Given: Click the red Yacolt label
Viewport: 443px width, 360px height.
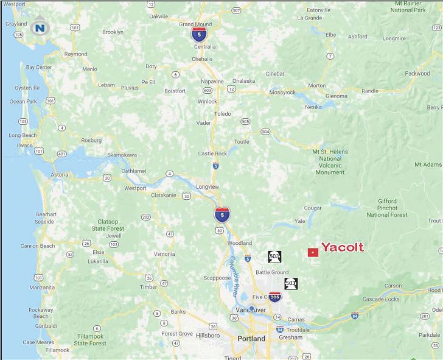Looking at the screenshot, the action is (x=342, y=247).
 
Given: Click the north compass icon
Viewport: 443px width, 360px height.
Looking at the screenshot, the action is (x=40, y=27).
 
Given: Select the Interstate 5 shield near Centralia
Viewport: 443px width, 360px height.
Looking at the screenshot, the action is (x=198, y=34).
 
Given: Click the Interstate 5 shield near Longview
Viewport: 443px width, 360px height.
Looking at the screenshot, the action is (x=222, y=214).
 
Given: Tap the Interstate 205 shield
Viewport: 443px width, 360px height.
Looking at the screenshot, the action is (x=275, y=297).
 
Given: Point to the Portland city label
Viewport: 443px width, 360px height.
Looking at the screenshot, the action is (x=251, y=339).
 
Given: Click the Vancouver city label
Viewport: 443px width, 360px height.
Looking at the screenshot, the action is (x=251, y=310).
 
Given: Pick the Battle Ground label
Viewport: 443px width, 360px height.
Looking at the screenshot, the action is (x=272, y=272).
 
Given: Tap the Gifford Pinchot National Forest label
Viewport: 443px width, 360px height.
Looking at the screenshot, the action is (x=387, y=208).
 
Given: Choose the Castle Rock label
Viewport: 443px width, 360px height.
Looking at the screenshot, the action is (x=212, y=154).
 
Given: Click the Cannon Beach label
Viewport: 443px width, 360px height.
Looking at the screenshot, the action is (x=38, y=246).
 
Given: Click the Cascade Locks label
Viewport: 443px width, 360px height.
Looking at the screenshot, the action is (x=381, y=299).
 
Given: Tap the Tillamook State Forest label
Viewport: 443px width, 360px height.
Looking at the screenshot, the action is (x=90, y=340).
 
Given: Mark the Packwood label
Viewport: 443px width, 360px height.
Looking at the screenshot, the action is (x=417, y=74).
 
